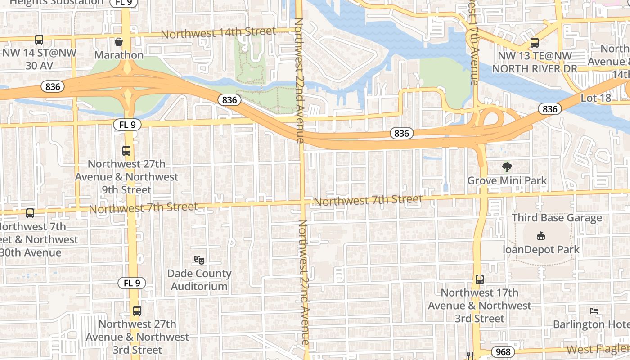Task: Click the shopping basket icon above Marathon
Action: click(x=119, y=42)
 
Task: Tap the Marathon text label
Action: click(x=119, y=55)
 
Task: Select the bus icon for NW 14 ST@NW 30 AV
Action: click(x=39, y=40)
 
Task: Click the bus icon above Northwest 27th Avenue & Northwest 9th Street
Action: click(x=126, y=151)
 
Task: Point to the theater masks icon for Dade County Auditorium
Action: click(x=199, y=260)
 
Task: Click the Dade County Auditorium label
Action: click(x=199, y=280)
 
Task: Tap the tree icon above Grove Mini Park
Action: click(x=507, y=167)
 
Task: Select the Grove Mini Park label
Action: click(x=507, y=181)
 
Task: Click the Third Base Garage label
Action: click(x=557, y=218)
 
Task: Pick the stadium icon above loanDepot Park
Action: click(x=541, y=236)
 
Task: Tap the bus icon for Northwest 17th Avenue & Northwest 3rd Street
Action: click(x=480, y=279)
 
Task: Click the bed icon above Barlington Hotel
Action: click(x=594, y=310)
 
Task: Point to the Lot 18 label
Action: click(x=596, y=98)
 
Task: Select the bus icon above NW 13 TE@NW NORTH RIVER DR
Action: click(x=534, y=43)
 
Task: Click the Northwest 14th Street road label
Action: click(x=218, y=33)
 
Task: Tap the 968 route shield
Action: click(x=503, y=351)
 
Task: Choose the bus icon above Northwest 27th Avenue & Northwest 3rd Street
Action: click(x=137, y=310)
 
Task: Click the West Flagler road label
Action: click(x=598, y=349)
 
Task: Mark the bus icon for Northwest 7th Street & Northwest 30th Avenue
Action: click(x=30, y=213)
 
